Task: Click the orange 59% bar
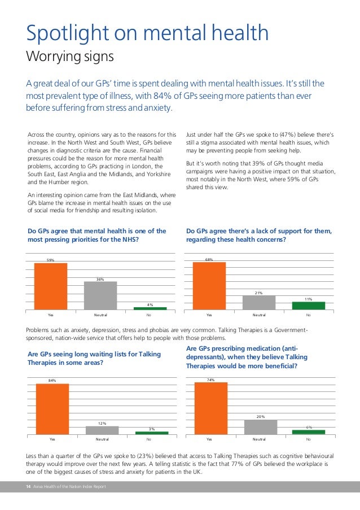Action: (x=51, y=286)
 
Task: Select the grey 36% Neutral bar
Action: (x=100, y=295)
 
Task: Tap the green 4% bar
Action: (x=150, y=308)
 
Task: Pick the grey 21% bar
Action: (x=259, y=302)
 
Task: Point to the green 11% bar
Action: (x=308, y=306)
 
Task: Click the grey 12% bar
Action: (x=102, y=430)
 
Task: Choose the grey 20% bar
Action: (x=261, y=426)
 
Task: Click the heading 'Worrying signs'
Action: (x=70, y=57)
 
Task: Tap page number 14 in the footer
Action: (x=28, y=487)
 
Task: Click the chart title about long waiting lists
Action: (x=94, y=358)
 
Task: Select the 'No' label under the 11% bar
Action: (x=308, y=315)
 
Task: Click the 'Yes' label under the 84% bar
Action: (x=52, y=439)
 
